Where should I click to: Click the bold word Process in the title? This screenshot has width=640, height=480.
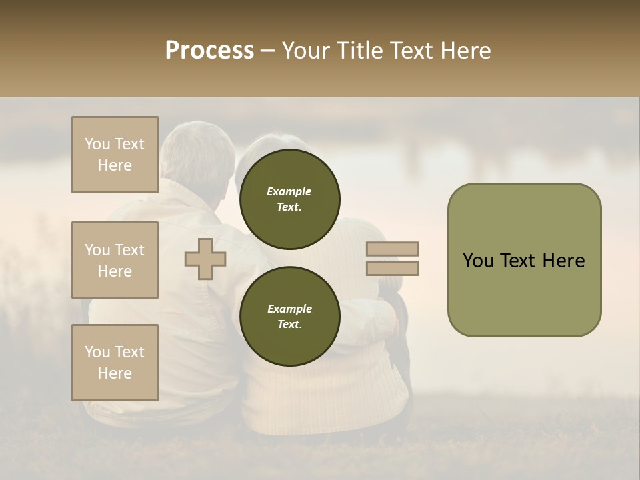(x=209, y=50)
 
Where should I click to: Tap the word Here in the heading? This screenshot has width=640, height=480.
(x=465, y=50)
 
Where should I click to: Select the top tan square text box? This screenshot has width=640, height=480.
(x=115, y=155)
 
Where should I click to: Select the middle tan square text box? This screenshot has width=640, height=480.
(x=115, y=260)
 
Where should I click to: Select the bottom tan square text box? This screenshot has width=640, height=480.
(x=115, y=363)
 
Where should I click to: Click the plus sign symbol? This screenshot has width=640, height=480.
(x=205, y=259)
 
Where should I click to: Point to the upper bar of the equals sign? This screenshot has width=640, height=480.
(x=393, y=249)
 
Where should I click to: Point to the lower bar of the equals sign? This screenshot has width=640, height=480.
(x=393, y=269)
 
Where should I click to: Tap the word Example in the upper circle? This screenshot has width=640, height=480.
(x=289, y=191)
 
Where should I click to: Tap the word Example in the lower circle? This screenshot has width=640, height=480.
(x=289, y=309)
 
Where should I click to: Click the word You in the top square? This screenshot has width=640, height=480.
(x=97, y=144)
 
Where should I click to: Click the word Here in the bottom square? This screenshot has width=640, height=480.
(x=115, y=373)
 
